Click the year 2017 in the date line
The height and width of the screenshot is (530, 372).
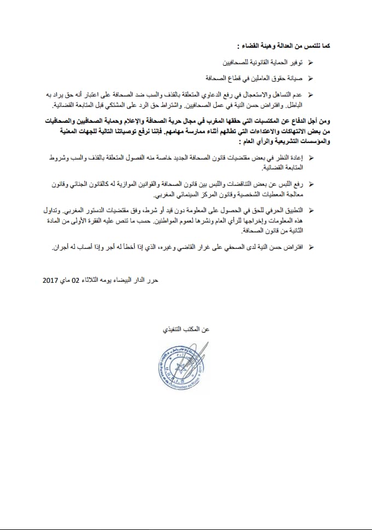(x=53, y=280)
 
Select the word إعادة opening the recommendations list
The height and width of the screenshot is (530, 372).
(x=296, y=158)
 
